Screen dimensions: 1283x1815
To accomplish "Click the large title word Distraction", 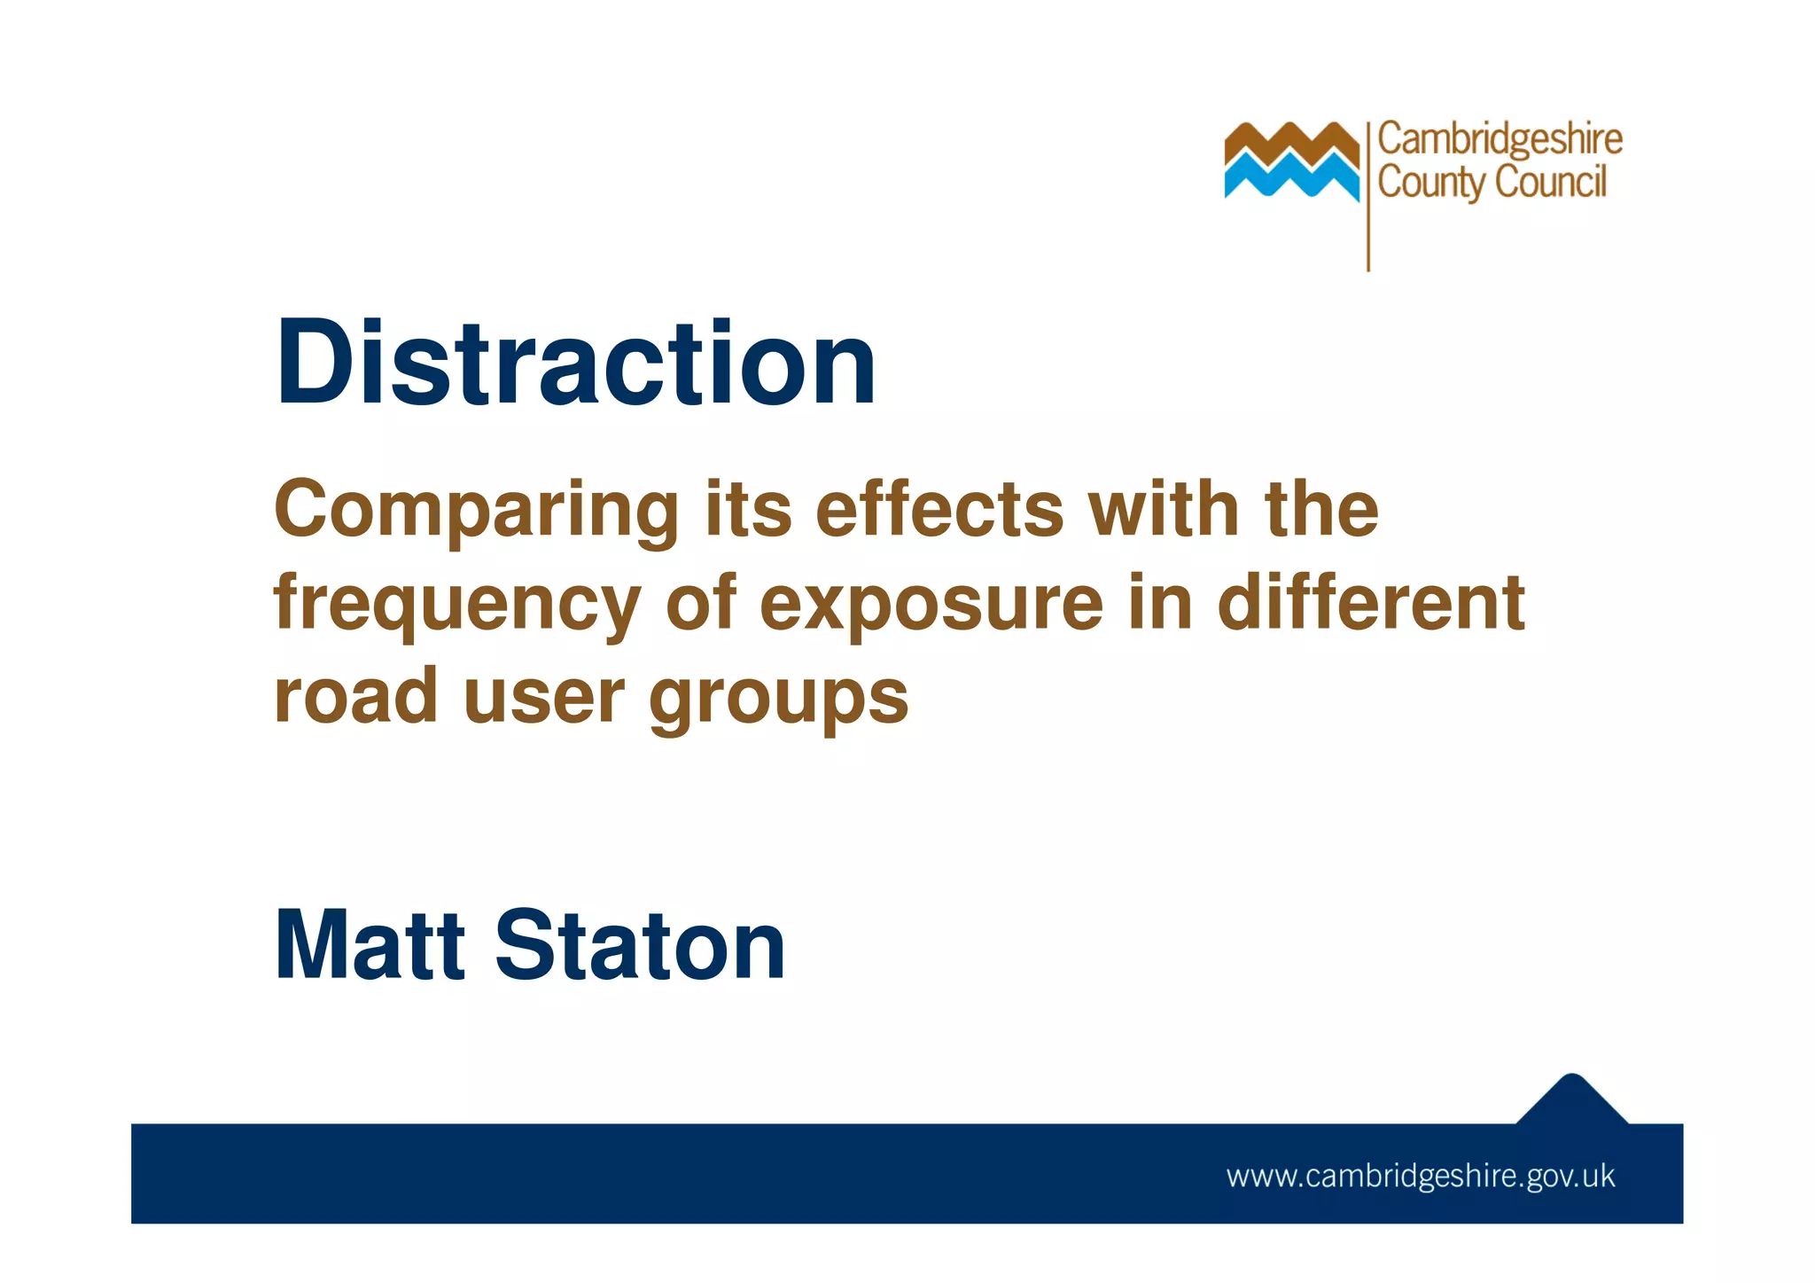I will coord(576,364).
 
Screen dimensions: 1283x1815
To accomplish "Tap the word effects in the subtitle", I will coord(939,510).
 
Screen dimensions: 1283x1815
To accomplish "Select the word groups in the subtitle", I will coord(779,700).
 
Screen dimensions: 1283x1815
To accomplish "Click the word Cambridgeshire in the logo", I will coord(1500,140).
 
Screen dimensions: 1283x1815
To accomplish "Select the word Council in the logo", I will coord(1550,182).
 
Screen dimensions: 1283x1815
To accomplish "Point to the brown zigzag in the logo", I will coord(1291,142).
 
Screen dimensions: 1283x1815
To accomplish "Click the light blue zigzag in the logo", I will coord(1291,176).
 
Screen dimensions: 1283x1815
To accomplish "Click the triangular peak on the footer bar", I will coord(1572,1100).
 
